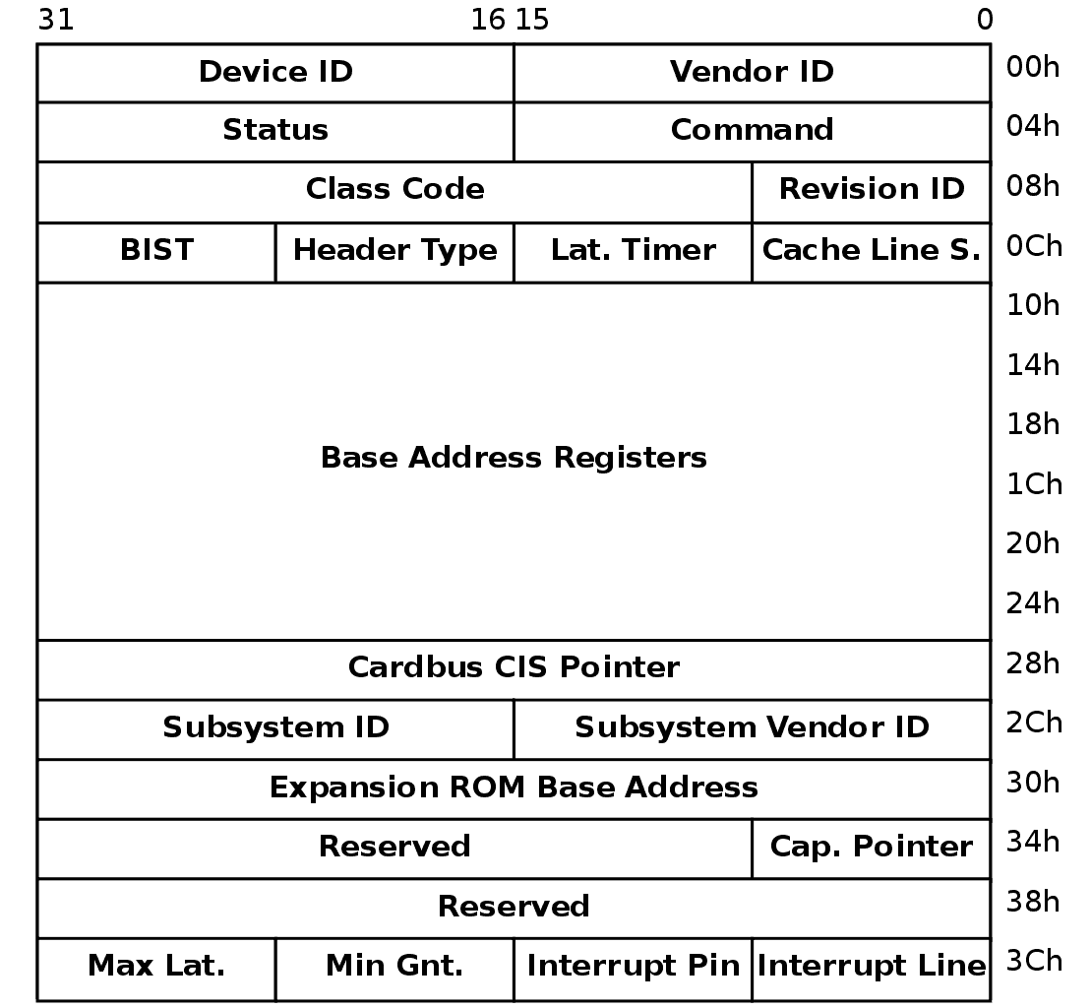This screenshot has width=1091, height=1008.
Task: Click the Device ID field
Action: click(x=275, y=73)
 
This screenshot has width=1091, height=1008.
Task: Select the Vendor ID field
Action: click(x=753, y=73)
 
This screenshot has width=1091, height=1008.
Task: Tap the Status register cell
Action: click(x=275, y=132)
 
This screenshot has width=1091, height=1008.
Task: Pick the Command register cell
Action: click(x=753, y=132)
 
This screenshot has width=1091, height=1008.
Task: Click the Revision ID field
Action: click(x=872, y=192)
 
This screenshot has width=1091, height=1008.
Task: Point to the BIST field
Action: click(x=156, y=253)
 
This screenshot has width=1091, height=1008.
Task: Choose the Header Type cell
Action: click(x=394, y=253)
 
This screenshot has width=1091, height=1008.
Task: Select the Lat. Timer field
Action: click(x=634, y=253)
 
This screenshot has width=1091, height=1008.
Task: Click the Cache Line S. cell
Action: click(x=872, y=253)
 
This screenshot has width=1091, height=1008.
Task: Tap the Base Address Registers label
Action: click(x=514, y=458)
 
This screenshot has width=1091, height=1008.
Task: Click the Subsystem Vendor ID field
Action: click(x=753, y=729)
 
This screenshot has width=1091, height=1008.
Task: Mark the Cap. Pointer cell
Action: click(x=872, y=849)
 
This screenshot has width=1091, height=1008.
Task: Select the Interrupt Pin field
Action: click(x=634, y=970)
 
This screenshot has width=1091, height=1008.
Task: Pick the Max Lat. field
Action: click(x=156, y=970)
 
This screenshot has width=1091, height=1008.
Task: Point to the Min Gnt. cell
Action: click(x=394, y=970)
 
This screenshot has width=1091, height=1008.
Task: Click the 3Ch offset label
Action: click(x=1034, y=961)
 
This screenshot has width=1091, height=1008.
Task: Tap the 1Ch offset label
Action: click(x=1034, y=483)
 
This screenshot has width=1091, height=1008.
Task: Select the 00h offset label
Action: click(x=1033, y=68)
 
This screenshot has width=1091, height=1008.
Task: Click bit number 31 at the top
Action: click(x=56, y=20)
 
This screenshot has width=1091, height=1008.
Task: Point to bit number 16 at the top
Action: click(x=488, y=20)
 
